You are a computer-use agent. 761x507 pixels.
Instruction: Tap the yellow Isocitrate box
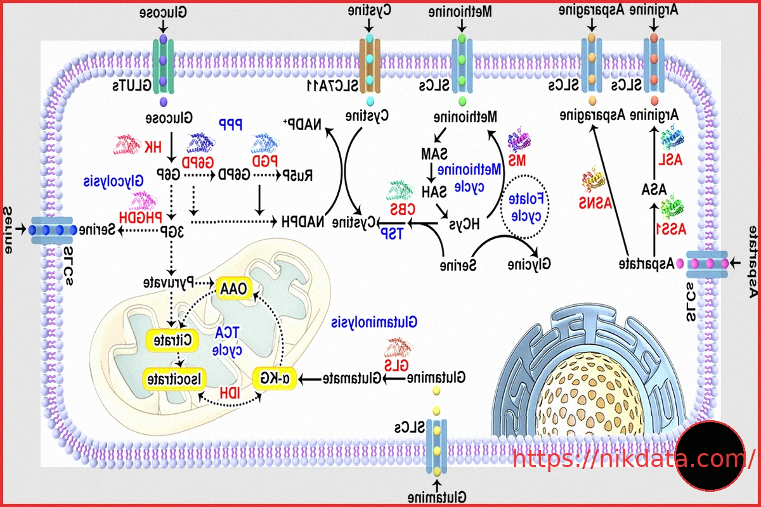[173, 378]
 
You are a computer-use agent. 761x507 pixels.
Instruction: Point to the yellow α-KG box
[276, 378]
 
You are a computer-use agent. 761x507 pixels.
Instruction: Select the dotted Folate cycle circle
[525, 206]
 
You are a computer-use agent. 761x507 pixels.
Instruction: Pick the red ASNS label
[591, 203]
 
